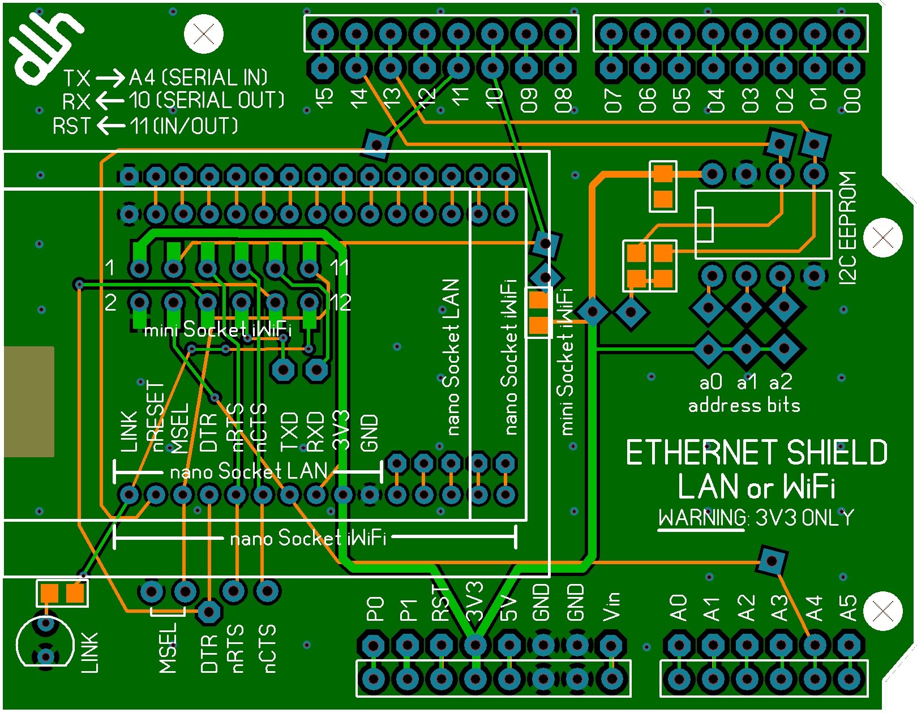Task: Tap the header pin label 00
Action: [x=852, y=100]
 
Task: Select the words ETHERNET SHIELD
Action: [x=756, y=453]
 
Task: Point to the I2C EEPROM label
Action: [x=847, y=227]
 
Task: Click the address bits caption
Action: [x=744, y=405]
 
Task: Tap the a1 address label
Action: [x=747, y=383]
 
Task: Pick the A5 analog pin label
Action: [x=848, y=608]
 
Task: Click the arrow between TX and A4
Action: [x=110, y=78]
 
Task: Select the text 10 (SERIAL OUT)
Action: [x=206, y=101]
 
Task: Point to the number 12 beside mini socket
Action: [x=340, y=303]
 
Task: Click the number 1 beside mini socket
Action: [x=110, y=267]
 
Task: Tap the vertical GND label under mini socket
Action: [x=369, y=433]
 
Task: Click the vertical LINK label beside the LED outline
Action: [x=89, y=652]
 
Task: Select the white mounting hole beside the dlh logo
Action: [x=204, y=34]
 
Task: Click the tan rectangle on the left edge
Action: [x=28, y=401]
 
